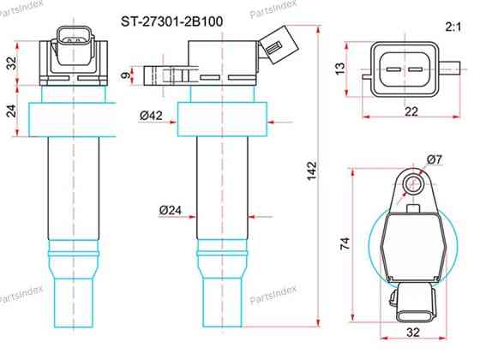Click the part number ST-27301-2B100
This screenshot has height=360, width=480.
(x=171, y=21)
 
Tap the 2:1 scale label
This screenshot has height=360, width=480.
(x=453, y=27)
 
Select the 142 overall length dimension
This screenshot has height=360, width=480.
(x=312, y=171)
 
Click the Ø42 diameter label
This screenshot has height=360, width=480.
(x=151, y=116)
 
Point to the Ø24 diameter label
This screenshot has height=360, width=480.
(x=171, y=210)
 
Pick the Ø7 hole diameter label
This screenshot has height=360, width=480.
(x=435, y=159)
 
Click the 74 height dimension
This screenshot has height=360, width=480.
(x=345, y=243)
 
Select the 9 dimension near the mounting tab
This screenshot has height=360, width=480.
(x=125, y=75)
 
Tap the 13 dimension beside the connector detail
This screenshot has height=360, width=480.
(x=340, y=69)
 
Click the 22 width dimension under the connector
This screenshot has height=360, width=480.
(x=411, y=111)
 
